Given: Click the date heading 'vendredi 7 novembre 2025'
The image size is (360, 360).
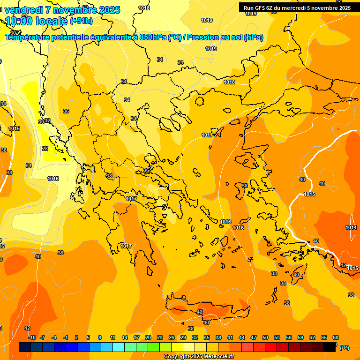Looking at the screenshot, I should click(x=62, y=10).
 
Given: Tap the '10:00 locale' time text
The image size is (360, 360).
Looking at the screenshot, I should click(x=36, y=21).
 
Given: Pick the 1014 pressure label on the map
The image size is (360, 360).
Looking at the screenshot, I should click(x=351, y=227).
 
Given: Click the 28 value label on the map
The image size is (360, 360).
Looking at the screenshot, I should click(x=45, y=149).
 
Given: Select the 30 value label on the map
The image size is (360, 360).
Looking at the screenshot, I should click(x=41, y=122).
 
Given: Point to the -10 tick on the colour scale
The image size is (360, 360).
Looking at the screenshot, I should click(x=32, y=337).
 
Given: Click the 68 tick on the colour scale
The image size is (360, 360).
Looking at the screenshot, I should click(x=336, y=337).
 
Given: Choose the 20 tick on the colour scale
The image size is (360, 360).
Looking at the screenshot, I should click(x=148, y=337).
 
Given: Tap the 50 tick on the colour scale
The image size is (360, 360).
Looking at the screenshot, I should click(x=265, y=337).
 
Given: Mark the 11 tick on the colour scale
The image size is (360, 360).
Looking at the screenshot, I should click(x=112, y=337).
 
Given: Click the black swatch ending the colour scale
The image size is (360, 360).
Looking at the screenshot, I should click(x=330, y=347).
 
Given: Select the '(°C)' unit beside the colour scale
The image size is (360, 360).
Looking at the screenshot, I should click(x=344, y=348).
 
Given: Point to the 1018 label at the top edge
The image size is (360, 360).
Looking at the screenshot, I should click(x=144, y=8).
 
